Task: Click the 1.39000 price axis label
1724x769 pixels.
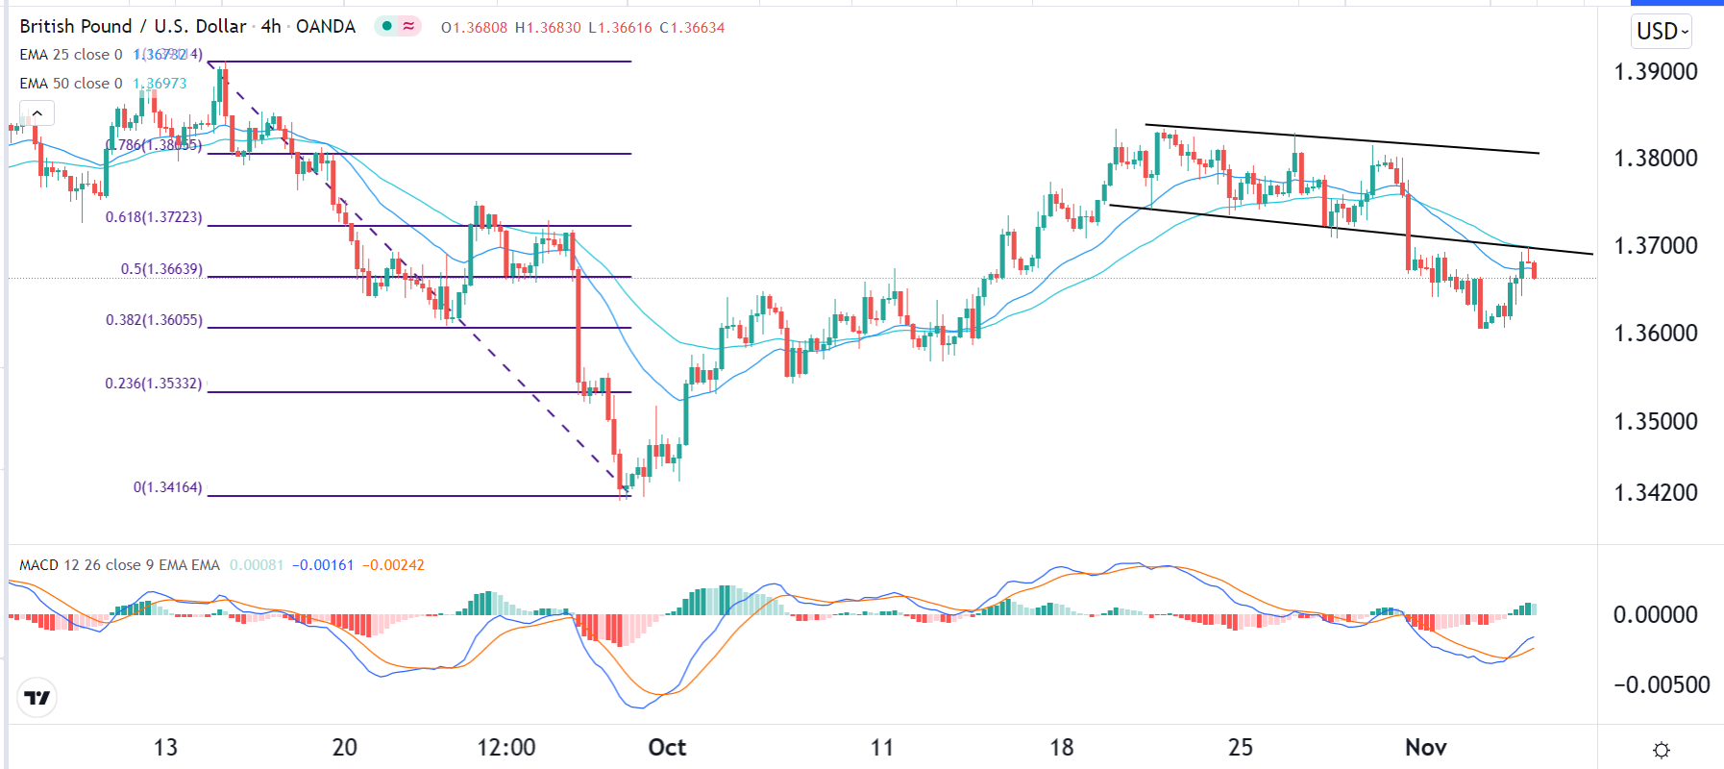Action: [1655, 72]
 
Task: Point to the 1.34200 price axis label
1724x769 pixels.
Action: [1655, 493]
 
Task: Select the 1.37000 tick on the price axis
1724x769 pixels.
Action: [1655, 246]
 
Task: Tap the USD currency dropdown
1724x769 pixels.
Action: [1662, 32]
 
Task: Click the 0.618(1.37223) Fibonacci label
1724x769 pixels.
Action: [154, 217]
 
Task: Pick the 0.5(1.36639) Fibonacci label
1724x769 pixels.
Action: [161, 269]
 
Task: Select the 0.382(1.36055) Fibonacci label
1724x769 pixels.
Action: [154, 320]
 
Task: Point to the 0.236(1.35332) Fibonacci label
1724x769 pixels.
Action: [154, 384]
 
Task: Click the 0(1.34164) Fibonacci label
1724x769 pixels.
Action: [167, 487]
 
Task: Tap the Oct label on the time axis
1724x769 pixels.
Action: [667, 748]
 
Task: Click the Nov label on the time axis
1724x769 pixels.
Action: [1425, 748]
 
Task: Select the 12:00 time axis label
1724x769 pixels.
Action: [506, 748]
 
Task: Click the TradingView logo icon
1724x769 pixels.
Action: [37, 698]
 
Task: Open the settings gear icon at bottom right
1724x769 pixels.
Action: [1661, 750]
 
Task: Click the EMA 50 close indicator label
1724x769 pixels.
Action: [71, 84]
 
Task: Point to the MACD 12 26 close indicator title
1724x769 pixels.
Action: [119, 565]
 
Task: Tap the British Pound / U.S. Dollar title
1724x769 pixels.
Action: [133, 27]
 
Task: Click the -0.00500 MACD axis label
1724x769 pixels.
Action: [1661, 685]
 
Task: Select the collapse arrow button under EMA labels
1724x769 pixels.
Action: [37, 114]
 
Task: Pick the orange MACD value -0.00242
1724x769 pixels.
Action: [393, 565]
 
